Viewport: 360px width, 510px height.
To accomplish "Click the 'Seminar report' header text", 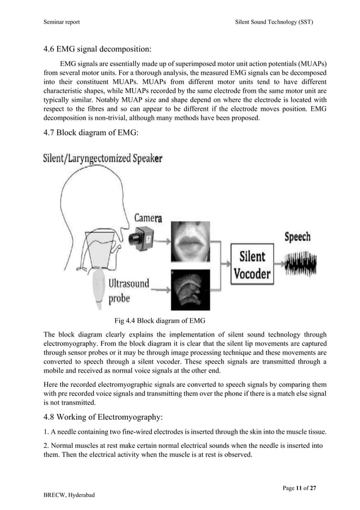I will click(62, 22).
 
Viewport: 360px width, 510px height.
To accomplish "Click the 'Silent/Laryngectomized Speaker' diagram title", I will click(103, 159).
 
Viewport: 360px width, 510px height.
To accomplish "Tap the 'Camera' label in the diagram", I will click(148, 217).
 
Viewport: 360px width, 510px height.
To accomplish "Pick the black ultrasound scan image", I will click(190, 289).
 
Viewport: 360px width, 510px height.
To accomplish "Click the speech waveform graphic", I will click(300, 263).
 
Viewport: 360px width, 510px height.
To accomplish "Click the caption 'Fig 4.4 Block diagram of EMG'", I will click(160, 320).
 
